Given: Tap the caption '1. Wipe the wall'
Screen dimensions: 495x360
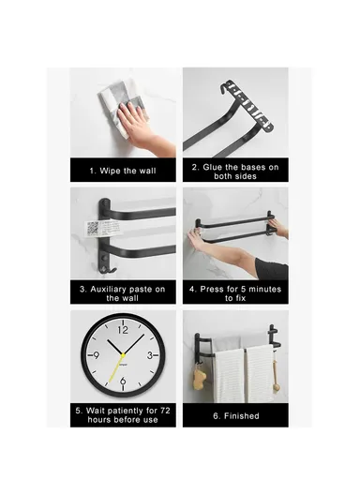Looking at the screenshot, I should click(x=123, y=171).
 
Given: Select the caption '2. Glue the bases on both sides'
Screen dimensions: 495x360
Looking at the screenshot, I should click(x=234, y=171).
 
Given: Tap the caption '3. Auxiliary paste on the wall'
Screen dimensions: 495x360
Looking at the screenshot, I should click(x=123, y=292).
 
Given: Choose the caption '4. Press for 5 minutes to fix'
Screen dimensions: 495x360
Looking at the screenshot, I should click(x=234, y=292).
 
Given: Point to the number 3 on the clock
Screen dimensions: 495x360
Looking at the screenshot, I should click(x=151, y=355).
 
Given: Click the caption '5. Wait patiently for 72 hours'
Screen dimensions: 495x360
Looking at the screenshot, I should click(x=123, y=414).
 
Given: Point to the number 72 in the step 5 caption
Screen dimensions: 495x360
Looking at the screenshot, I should click(x=161, y=410).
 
